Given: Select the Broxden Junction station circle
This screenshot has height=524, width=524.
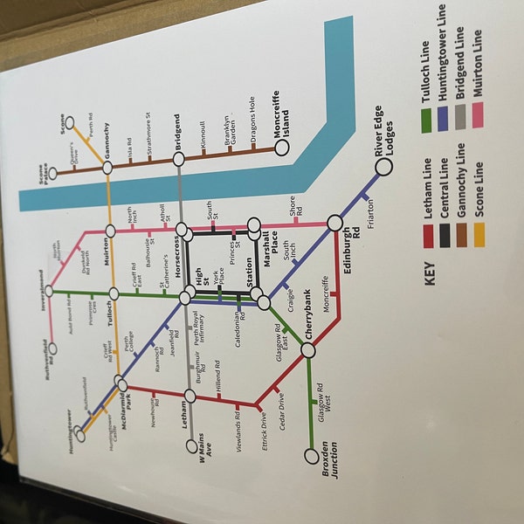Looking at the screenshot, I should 311,456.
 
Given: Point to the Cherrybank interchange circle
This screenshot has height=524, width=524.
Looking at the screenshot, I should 308,350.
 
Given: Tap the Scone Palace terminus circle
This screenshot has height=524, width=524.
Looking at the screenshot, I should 52,174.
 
